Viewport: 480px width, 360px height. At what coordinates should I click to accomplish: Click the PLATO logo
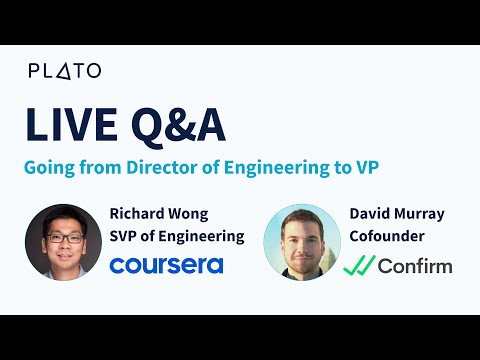pos(64,71)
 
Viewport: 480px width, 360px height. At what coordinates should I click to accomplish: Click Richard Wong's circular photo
pos(60,241)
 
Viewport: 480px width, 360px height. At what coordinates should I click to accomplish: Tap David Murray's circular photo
pos(299,241)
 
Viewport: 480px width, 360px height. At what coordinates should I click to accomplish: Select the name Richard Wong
pos(163,212)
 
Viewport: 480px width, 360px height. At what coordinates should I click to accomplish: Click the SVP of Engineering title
pos(176,237)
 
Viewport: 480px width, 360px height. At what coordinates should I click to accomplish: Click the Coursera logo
pos(166,265)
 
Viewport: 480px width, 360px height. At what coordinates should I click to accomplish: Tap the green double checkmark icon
pos(358,266)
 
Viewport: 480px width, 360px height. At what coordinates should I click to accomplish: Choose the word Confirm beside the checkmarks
pos(415,266)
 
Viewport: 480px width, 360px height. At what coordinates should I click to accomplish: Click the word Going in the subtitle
pos(48,167)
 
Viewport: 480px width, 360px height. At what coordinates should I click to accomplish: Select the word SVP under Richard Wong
pos(125,237)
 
